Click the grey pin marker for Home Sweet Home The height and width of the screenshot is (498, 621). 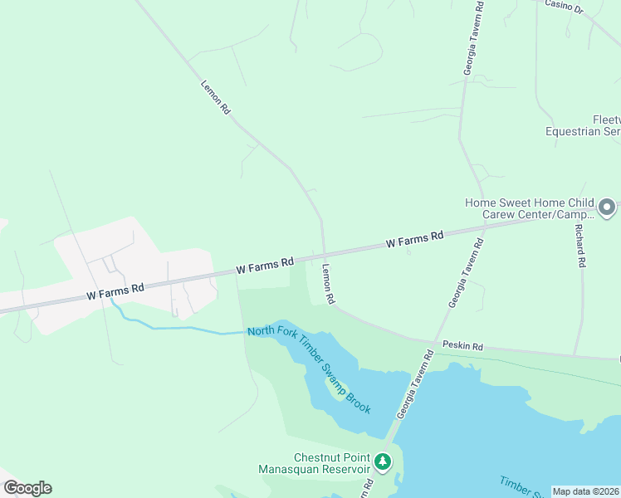tap(607, 207)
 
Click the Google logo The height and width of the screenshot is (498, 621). tap(27, 488)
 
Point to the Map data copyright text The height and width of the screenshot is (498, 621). tap(586, 491)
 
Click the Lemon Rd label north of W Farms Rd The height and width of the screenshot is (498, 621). tap(215, 96)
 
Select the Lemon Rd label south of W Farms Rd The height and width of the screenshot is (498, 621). tap(328, 282)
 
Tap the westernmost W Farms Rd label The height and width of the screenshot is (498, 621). tap(115, 291)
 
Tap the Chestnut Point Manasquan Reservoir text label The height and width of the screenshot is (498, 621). tap(332, 463)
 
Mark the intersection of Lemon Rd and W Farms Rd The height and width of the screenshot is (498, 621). tap(324, 252)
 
